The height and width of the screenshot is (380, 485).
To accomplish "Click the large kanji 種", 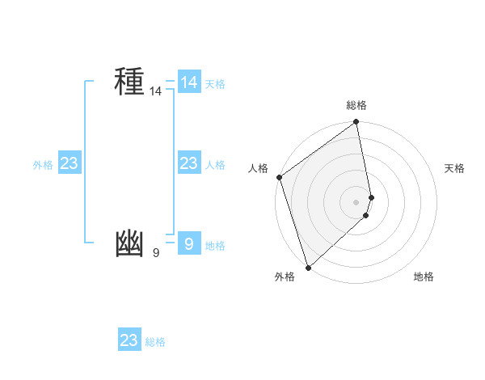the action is (x=129, y=82).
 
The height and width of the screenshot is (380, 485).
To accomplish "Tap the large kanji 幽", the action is (x=129, y=244).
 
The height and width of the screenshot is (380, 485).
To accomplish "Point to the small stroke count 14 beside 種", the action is (x=155, y=92).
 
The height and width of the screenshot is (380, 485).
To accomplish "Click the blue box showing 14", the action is (x=189, y=82).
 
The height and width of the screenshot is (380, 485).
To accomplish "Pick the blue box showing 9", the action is (x=189, y=243).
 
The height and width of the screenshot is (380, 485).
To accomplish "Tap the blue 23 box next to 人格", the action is (x=189, y=163).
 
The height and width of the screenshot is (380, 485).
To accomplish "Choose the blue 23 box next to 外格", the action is (x=70, y=163).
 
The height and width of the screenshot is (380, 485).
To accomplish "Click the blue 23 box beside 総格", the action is (x=129, y=340).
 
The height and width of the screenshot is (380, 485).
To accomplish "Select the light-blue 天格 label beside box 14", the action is (x=215, y=84).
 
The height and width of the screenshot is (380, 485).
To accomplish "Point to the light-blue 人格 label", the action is (x=215, y=165).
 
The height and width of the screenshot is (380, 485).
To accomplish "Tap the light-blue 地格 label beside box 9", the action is (x=215, y=246).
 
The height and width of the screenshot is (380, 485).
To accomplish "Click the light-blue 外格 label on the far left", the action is (x=43, y=165).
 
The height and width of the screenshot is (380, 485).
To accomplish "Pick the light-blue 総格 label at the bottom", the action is (x=155, y=342).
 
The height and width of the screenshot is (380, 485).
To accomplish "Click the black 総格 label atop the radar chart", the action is (x=356, y=105).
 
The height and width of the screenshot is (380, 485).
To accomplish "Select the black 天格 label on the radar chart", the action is (x=454, y=168).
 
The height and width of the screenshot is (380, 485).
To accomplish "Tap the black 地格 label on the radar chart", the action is (x=424, y=277).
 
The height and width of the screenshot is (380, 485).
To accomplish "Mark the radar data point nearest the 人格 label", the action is (x=279, y=177).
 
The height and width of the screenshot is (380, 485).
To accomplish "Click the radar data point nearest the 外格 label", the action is (x=308, y=267).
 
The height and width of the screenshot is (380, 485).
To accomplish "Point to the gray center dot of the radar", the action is (x=356, y=201).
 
